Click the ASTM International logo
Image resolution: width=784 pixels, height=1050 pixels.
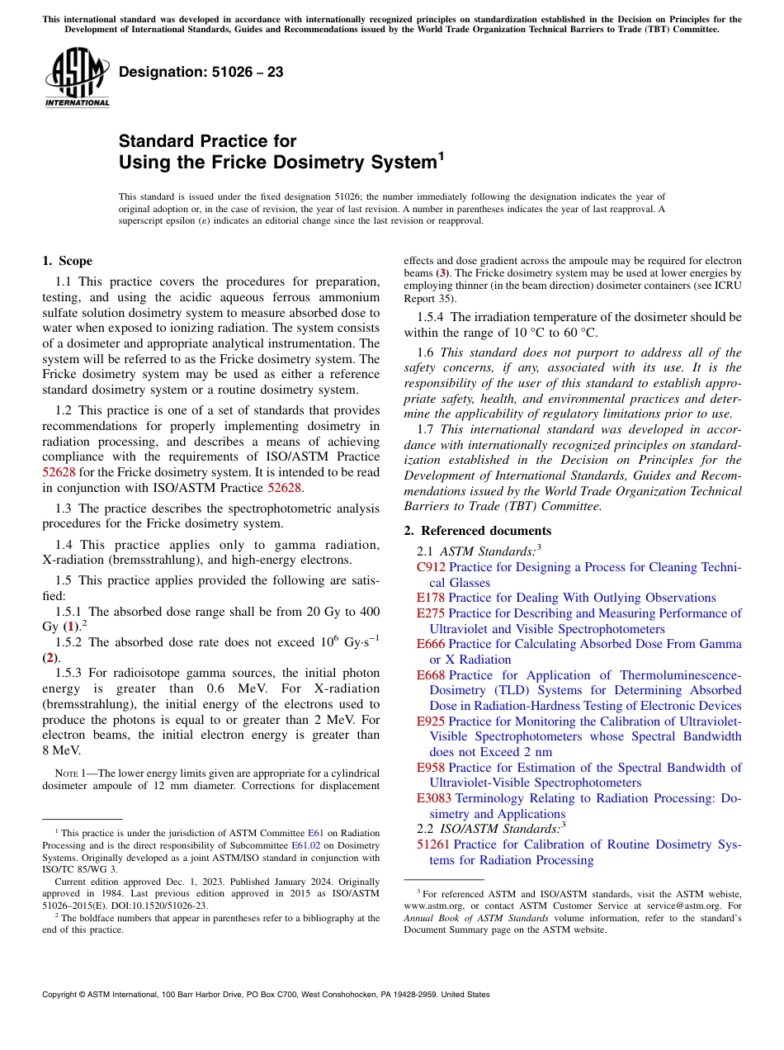(77, 78)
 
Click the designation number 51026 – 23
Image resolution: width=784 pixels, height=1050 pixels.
(201, 73)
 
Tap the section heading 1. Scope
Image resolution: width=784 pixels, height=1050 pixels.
(67, 261)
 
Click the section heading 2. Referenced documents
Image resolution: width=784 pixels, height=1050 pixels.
(477, 531)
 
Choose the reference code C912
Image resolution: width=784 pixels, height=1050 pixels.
(431, 567)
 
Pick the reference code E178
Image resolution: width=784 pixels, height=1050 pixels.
(431, 598)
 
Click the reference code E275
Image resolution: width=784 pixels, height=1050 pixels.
(431, 613)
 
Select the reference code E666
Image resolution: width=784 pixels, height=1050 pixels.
(431, 644)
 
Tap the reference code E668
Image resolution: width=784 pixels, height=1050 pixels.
(431, 675)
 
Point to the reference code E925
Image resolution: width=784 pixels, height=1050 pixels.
(431, 721)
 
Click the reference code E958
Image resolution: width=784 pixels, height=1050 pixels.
(431, 768)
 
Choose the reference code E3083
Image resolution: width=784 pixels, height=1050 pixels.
(434, 798)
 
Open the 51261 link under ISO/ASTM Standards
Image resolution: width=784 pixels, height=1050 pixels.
(433, 844)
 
